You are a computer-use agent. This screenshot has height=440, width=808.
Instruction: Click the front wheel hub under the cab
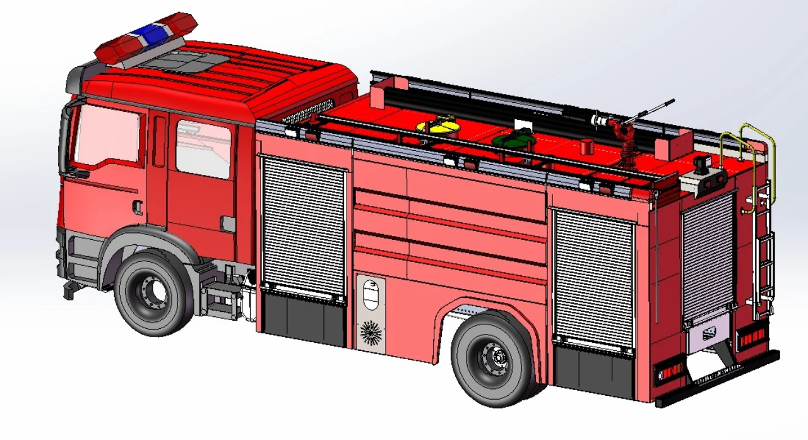[151, 292]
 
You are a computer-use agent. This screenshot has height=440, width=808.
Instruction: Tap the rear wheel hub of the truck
[494, 359]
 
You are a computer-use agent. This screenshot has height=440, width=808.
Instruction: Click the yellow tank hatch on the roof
[437, 126]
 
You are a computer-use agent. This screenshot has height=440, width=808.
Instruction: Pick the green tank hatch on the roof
[513, 137]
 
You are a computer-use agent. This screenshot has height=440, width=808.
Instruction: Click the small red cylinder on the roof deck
[587, 146]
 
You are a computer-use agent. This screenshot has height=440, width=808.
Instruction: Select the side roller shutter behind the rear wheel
[593, 278]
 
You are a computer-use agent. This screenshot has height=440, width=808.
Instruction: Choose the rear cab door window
[203, 150]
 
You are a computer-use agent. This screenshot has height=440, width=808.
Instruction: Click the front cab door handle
[137, 207]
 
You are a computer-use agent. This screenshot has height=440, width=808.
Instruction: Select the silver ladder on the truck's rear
[764, 253]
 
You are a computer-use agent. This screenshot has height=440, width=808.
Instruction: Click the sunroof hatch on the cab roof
[186, 61]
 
